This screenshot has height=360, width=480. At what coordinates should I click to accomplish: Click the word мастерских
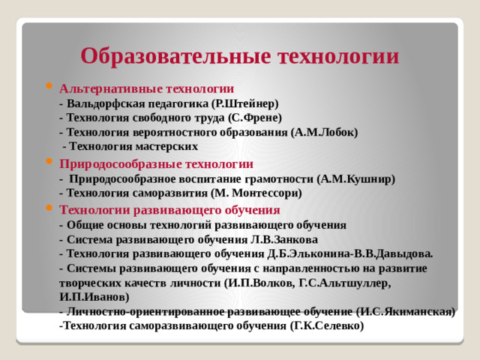pyautogui.click(x=169, y=146)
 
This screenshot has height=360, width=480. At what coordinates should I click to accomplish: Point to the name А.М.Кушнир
pyautogui.click(x=356, y=178)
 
